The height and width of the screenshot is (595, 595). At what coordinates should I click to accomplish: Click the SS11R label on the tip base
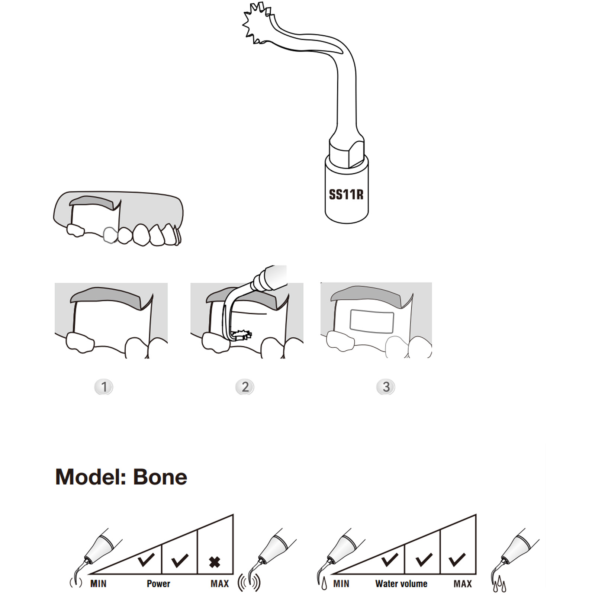(346, 194)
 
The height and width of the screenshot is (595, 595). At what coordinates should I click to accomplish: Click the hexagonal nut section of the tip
(347, 152)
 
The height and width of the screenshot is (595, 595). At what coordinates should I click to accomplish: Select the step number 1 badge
(104, 387)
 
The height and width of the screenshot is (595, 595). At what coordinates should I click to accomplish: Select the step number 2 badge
(245, 387)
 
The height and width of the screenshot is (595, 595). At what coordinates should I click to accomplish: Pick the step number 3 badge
(386, 387)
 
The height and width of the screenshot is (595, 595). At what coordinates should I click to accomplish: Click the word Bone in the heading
(160, 477)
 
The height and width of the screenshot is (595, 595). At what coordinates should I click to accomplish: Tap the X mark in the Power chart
(215, 562)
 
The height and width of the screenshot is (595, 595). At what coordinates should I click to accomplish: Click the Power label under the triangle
(158, 584)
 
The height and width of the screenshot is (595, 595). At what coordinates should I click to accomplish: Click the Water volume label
(401, 584)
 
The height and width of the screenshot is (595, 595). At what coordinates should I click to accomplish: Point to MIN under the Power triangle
(98, 584)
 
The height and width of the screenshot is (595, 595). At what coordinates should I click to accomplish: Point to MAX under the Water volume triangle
(463, 584)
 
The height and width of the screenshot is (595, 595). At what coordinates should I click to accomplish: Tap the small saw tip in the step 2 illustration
(242, 335)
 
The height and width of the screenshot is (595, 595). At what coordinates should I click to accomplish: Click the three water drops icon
(499, 585)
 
